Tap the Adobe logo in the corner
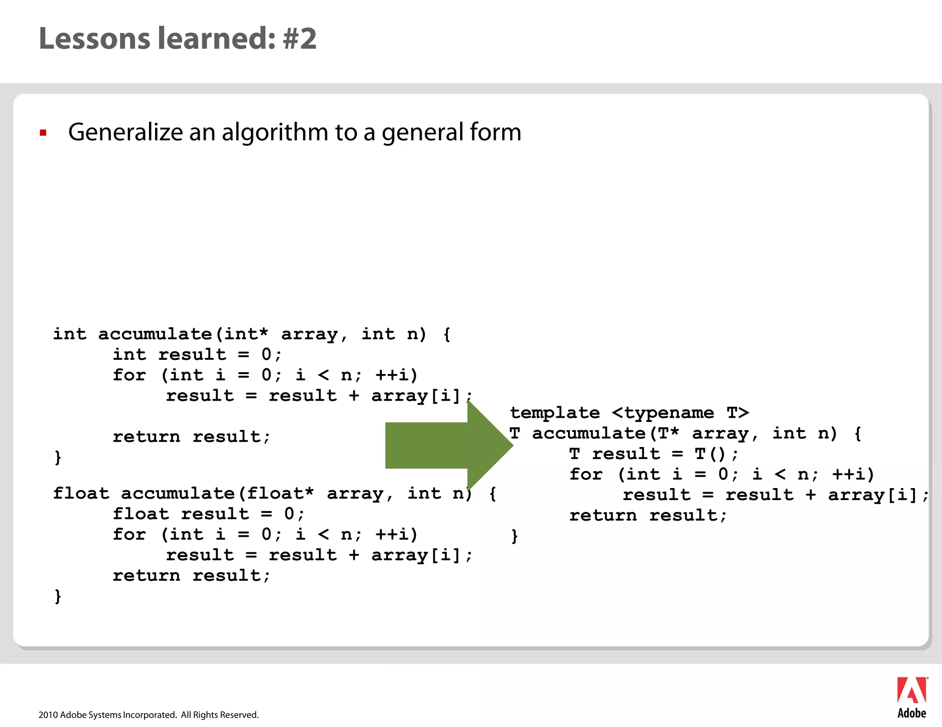(x=911, y=697)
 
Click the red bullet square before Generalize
(x=43, y=133)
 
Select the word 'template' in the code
(x=555, y=413)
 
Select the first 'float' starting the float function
(x=81, y=493)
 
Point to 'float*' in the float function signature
(x=280, y=493)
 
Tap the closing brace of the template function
(x=514, y=536)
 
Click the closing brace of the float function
(x=57, y=596)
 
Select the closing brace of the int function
(x=57, y=457)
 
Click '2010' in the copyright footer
(x=48, y=715)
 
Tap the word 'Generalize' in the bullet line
(x=125, y=132)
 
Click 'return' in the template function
(x=603, y=515)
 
